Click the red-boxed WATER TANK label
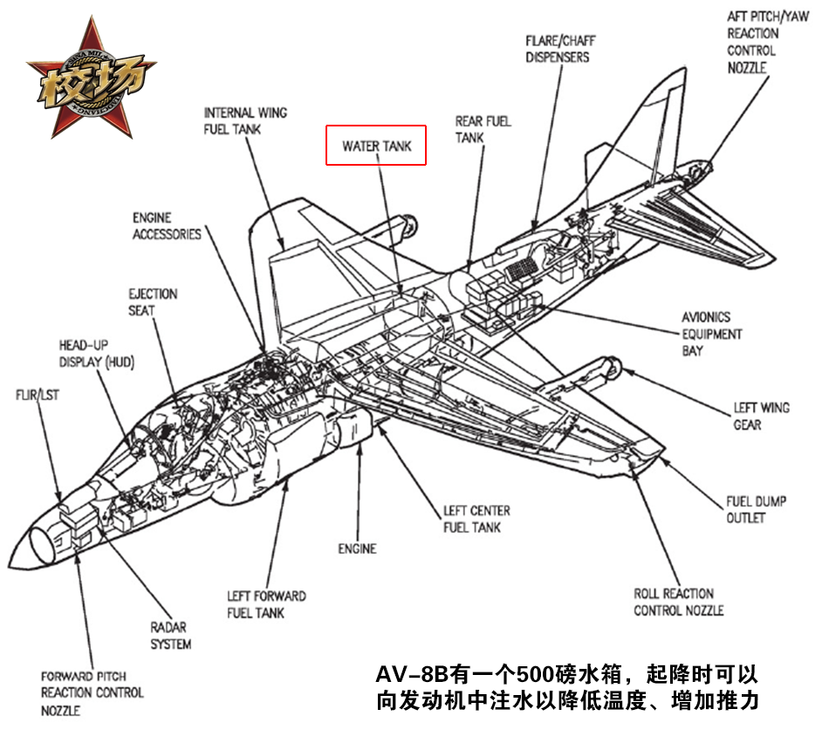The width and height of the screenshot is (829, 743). [x=376, y=146]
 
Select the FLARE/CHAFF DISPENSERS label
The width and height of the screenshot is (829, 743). [x=557, y=49]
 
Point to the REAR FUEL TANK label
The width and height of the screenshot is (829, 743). [x=482, y=129]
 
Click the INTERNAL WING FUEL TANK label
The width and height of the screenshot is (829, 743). [x=245, y=121]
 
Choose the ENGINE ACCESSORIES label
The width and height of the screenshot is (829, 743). [x=166, y=225]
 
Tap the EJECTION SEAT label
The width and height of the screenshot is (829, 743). [x=153, y=302]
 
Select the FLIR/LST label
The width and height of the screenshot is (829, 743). [x=36, y=394]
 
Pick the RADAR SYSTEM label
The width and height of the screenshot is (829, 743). [x=170, y=636]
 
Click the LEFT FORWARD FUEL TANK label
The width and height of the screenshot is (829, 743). [x=266, y=604]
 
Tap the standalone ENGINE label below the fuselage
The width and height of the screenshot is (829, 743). [x=357, y=549]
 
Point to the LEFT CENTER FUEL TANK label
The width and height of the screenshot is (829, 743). [x=476, y=519]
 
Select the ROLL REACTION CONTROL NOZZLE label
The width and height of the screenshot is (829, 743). [x=678, y=602]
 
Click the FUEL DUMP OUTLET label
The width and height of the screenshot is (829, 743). [x=756, y=509]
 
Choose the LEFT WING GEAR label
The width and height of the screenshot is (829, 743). [x=761, y=416]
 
